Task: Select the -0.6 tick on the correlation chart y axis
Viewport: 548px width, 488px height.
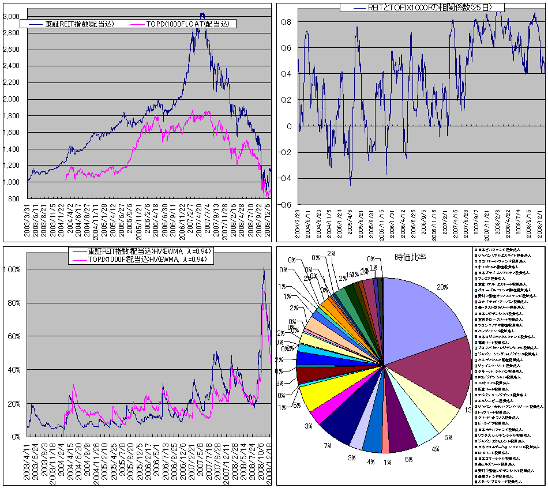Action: point(285,205)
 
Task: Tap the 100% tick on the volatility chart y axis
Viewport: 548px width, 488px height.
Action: point(13,269)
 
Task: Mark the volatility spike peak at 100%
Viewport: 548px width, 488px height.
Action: point(264,268)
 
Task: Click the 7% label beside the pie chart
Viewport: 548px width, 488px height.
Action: point(327,445)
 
